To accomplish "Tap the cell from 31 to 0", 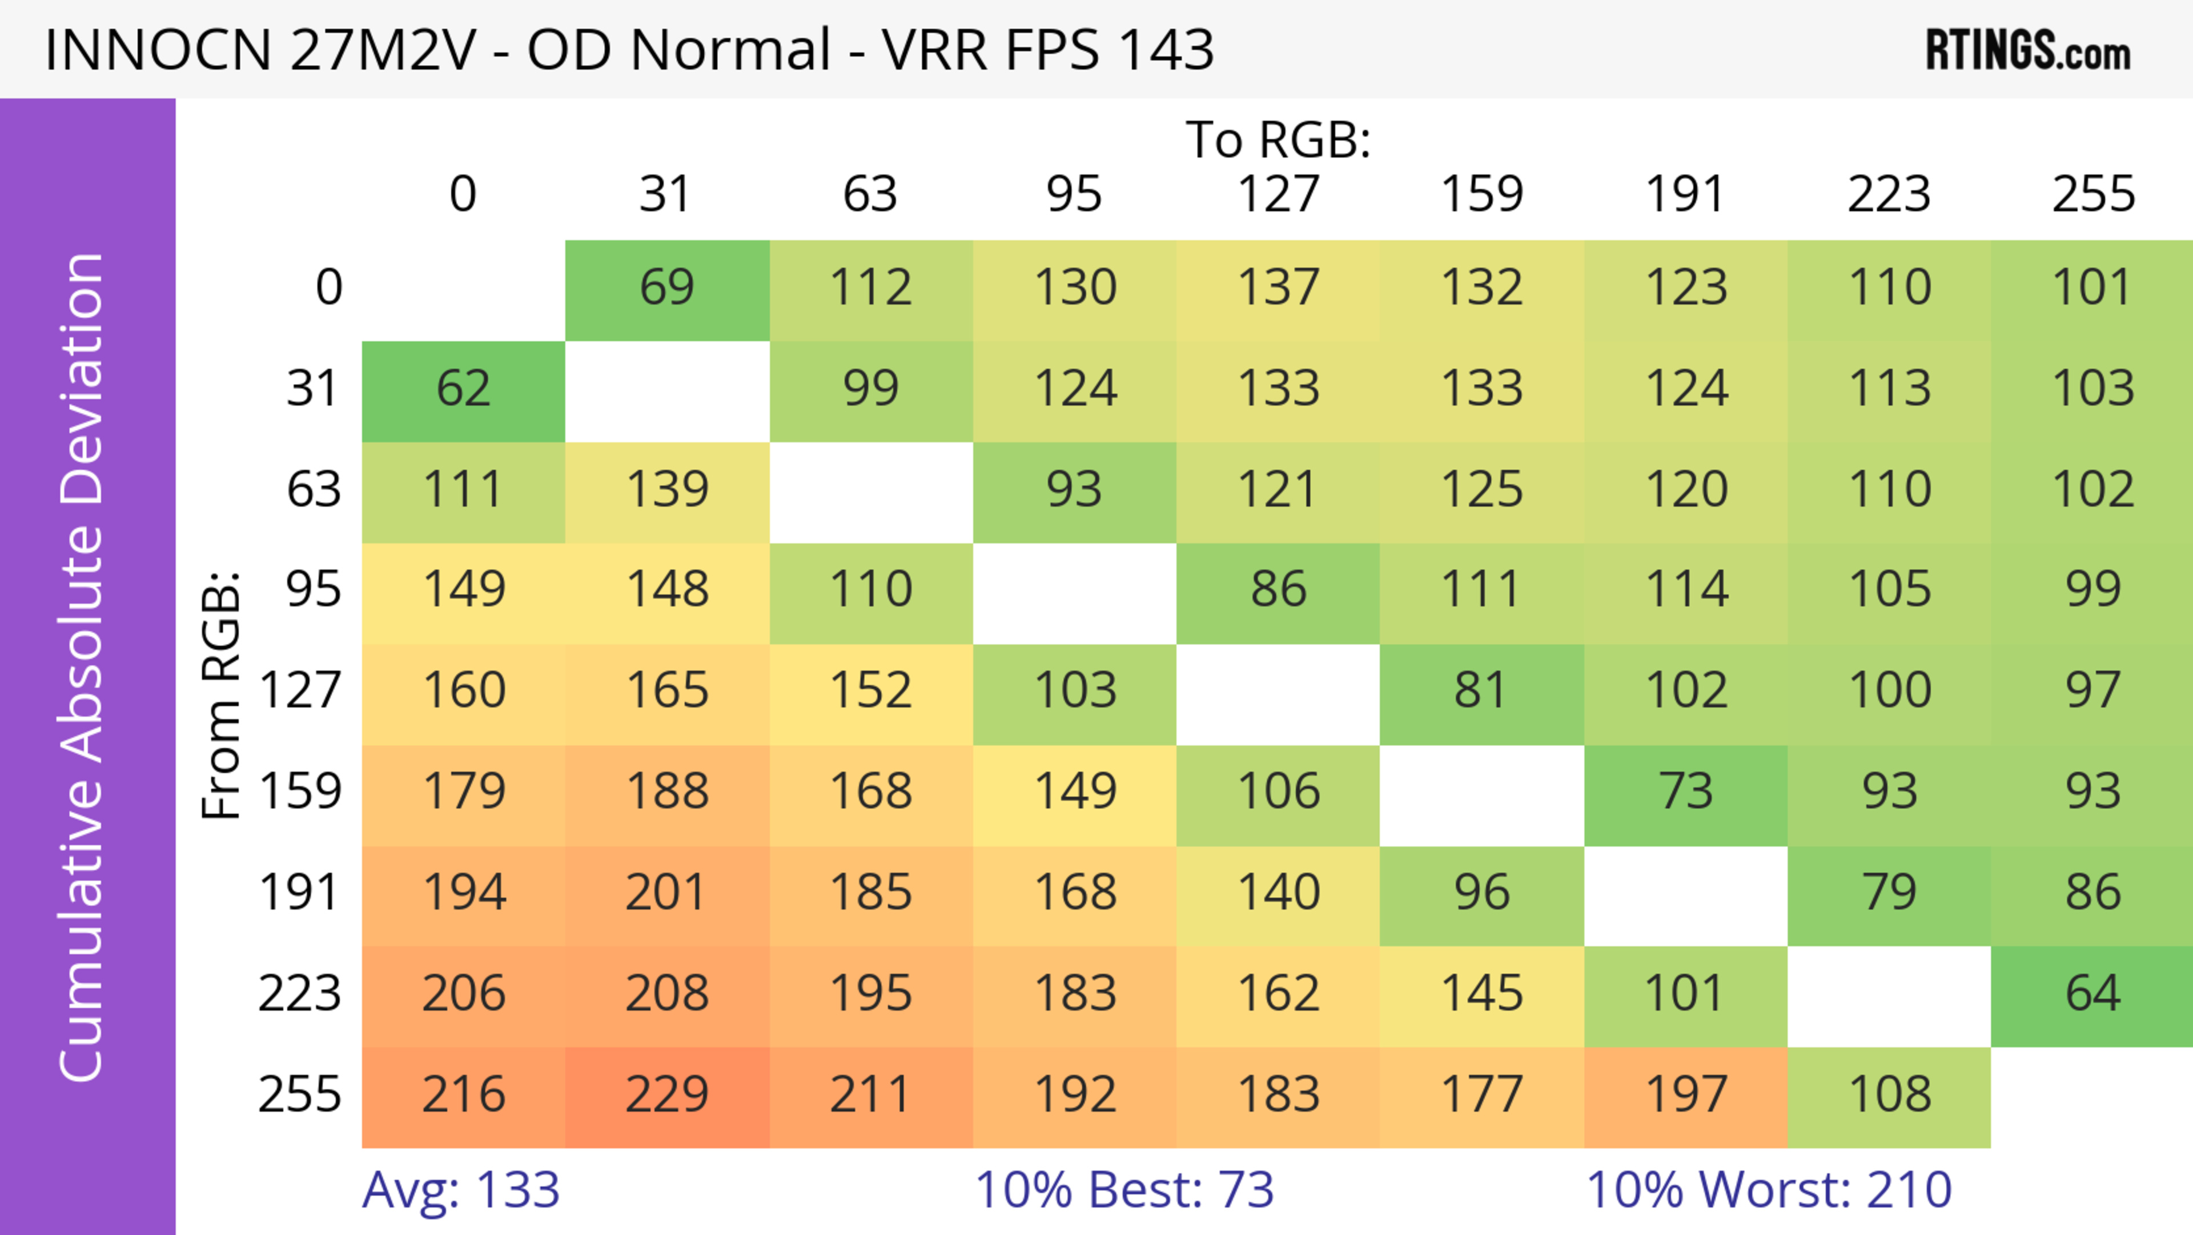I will tap(463, 389).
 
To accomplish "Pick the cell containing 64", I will tap(2092, 993).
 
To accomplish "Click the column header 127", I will tap(1278, 194).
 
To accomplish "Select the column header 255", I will tap(2092, 194).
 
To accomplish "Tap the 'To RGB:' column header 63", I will tap(870, 194).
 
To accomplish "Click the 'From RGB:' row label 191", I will tap(300, 893).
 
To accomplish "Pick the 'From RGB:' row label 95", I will tap(314, 589).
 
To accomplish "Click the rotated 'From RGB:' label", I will tap(222, 695).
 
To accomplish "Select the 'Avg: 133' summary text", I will tap(460, 1190).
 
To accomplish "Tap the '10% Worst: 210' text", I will tap(1769, 1190).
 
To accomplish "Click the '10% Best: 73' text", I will tap(1124, 1190).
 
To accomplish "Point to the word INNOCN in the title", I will tap(158, 49).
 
